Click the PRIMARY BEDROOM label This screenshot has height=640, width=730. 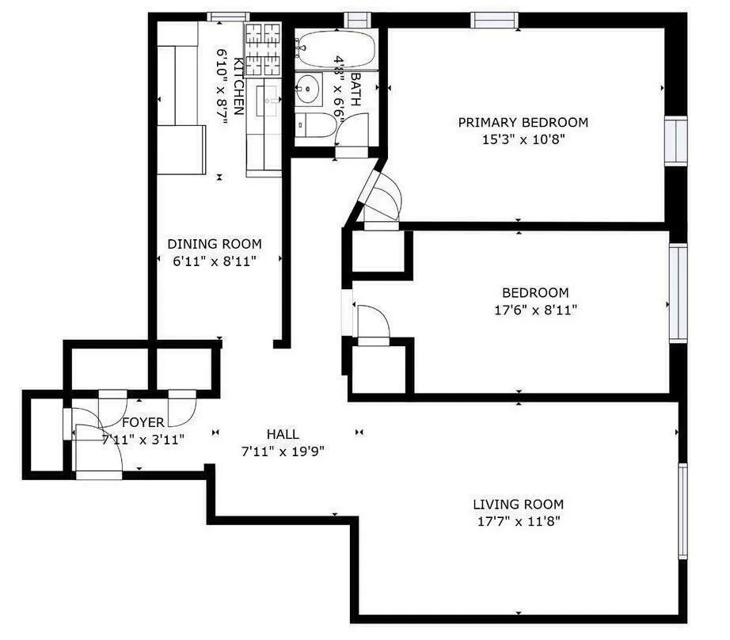tap(523, 122)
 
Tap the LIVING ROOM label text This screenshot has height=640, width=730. tap(518, 505)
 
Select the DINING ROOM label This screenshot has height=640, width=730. tap(214, 244)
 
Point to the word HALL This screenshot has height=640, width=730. tap(283, 434)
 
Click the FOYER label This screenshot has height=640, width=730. tap(143, 422)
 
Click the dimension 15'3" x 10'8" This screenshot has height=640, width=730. tap(523, 139)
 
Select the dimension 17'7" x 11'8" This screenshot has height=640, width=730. tap(518, 522)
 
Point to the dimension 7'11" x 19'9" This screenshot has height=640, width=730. tap(283, 451)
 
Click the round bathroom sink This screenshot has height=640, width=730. tap(307, 90)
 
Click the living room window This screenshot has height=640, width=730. tap(682, 512)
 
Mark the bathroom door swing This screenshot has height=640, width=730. tap(353, 131)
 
